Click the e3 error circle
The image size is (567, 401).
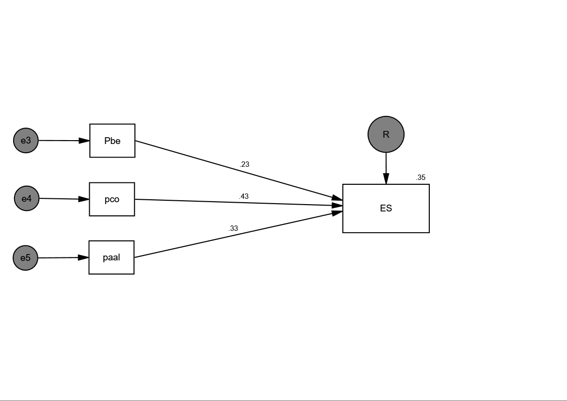[x=26, y=141]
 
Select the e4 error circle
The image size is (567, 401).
[x=27, y=198]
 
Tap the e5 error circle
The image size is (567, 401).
[x=25, y=258]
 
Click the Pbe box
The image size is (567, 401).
[x=112, y=141]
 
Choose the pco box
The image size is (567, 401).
[x=112, y=199]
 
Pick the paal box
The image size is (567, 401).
[x=111, y=257]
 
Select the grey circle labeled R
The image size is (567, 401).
[x=386, y=134]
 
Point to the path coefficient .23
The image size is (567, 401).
[x=244, y=164]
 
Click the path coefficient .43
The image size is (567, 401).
[x=243, y=196]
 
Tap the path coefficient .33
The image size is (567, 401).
[x=233, y=228]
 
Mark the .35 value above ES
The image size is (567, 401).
[x=420, y=177]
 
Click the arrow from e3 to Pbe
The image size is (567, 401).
[x=63, y=141]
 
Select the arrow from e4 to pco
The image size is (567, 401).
[x=64, y=199]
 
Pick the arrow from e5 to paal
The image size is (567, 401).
[x=63, y=258]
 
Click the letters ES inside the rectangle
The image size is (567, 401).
[x=386, y=209]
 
